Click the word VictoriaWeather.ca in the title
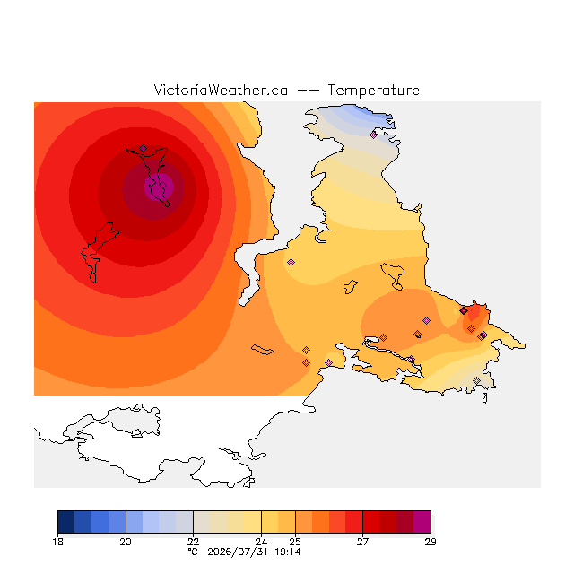coord(221,91)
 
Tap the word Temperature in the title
coord(373,91)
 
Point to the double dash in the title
coord(308,91)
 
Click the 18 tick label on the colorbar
coord(57,542)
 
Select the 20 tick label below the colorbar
coord(126,542)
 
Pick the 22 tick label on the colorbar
coord(194,542)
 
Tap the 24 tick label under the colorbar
coord(261,542)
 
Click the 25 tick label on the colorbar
coord(295,542)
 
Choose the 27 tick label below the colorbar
coord(362,542)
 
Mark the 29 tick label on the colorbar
coord(430,542)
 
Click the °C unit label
coord(193,552)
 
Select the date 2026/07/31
coord(238,552)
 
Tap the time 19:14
coord(288,552)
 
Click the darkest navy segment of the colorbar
coord(66,522)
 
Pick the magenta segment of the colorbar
coord(422,522)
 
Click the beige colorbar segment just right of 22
coord(202,522)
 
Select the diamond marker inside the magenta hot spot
coord(163,186)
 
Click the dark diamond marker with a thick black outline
coord(464,311)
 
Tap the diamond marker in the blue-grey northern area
coord(373,135)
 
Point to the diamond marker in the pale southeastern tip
coord(476,380)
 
